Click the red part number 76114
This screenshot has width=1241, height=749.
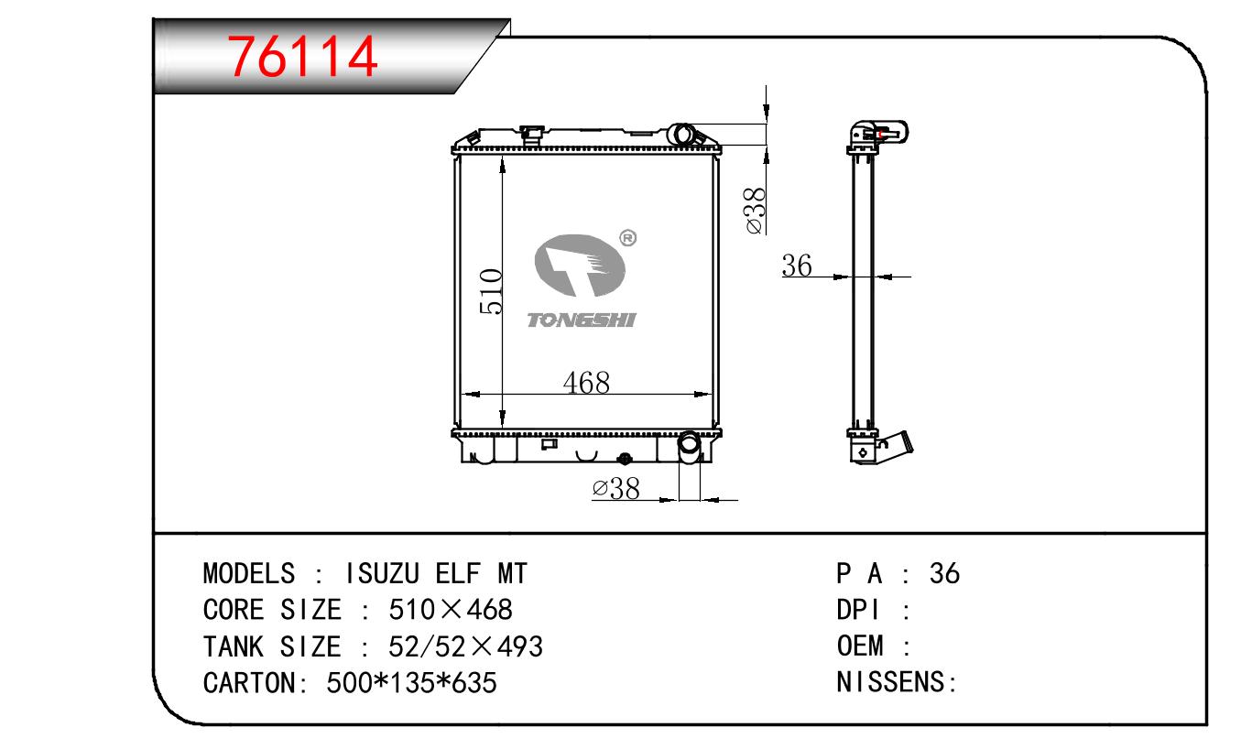click(x=303, y=56)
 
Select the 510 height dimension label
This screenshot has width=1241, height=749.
click(x=491, y=291)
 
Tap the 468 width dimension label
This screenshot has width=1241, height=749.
click(x=586, y=382)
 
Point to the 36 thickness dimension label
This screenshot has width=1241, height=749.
click(x=797, y=265)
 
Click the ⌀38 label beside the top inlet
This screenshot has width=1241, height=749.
click(x=756, y=211)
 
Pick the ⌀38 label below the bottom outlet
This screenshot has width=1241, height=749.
click(x=615, y=488)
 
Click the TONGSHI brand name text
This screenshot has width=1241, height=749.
click(x=582, y=320)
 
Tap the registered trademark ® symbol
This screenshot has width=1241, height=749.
click(x=627, y=238)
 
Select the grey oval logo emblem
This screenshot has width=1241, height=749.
click(x=580, y=266)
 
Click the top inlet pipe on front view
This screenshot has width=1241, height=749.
click(x=682, y=135)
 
